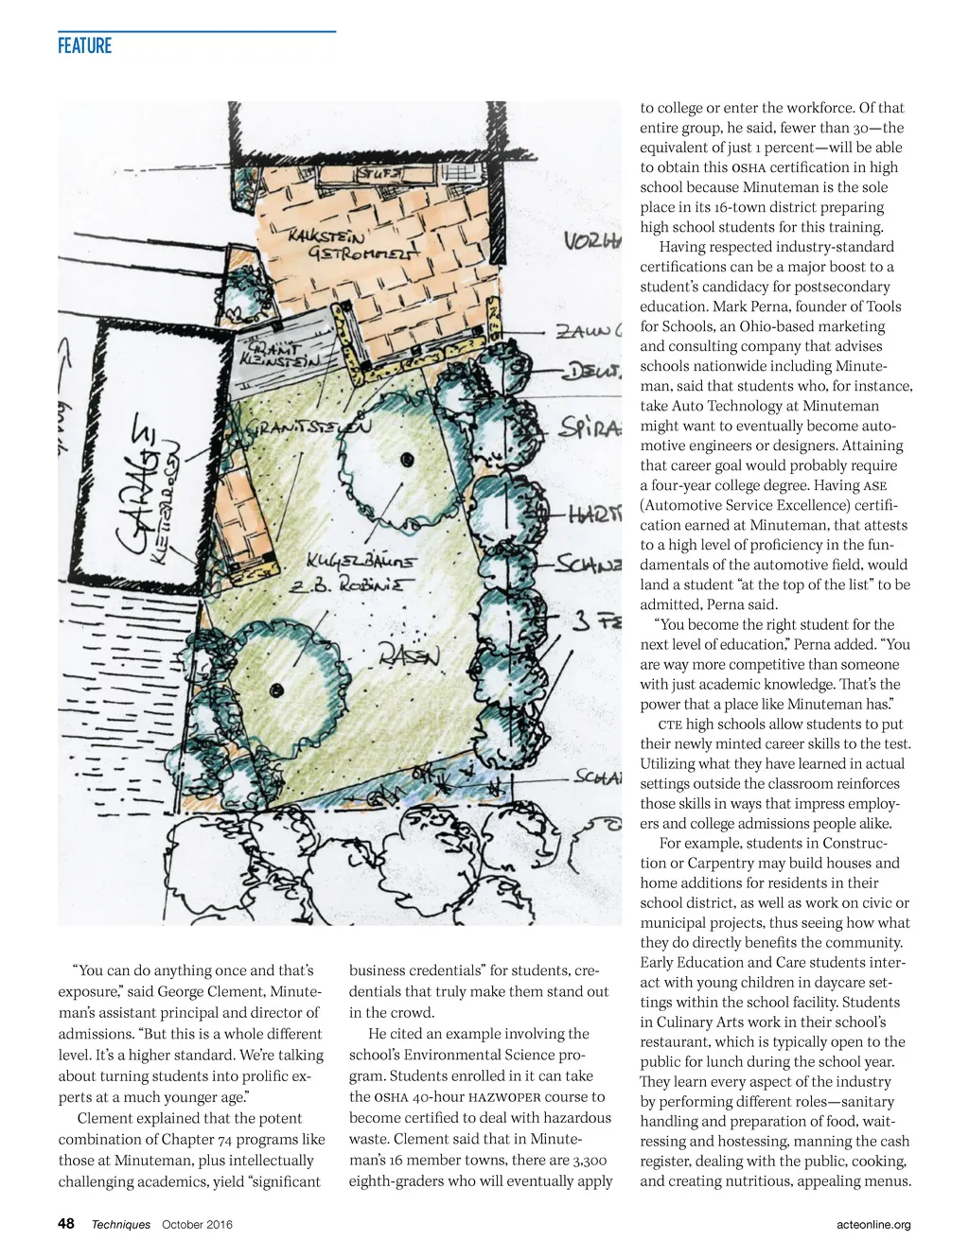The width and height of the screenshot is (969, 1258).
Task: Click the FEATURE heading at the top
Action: [x=84, y=45]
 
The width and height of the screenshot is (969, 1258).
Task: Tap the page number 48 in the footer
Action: [x=66, y=1224]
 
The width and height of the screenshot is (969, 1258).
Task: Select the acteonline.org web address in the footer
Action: [x=873, y=1225]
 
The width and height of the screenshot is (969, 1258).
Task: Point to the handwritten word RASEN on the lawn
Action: [x=409, y=655]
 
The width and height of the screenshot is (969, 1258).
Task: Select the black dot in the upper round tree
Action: [x=407, y=460]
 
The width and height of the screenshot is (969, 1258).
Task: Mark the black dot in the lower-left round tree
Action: [x=276, y=688]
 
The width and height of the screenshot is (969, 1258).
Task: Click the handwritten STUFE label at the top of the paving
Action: [x=379, y=174]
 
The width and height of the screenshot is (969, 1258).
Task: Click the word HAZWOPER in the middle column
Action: [x=505, y=1097]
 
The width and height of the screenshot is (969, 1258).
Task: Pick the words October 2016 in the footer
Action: [x=197, y=1225]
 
